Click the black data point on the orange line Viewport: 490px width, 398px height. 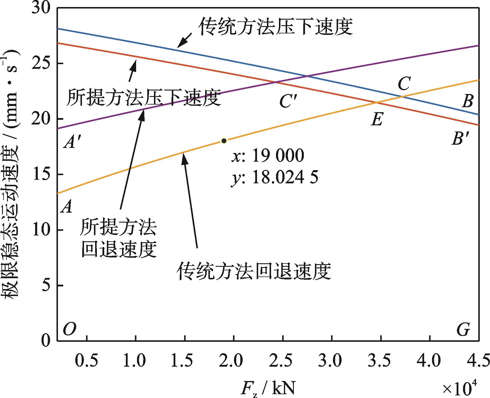pos(224,141)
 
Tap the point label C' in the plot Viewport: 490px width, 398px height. pos(288,101)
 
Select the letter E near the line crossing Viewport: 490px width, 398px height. pos(377,119)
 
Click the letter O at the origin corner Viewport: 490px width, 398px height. pos(70,329)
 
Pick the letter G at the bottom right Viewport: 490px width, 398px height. pos(463,330)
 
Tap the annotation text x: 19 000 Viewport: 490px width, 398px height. pos(268,156)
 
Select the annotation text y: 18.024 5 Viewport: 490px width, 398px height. pos(275,177)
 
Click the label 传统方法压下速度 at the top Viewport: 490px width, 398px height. pos(276,27)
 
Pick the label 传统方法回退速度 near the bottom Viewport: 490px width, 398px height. pos(253,271)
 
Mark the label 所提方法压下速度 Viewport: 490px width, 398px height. pos(143,98)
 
